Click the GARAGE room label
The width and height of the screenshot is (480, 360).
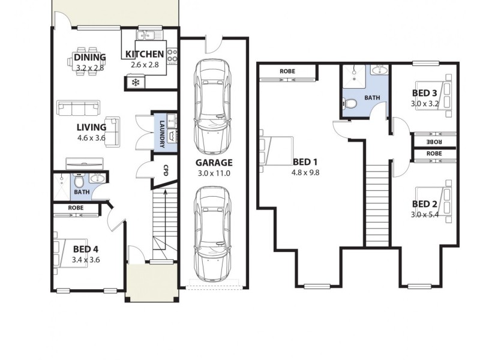(x=213, y=163)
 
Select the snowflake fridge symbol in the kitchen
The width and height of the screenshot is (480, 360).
(x=135, y=82)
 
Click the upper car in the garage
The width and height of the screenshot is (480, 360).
(x=213, y=108)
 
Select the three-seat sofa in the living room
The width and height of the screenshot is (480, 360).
(x=79, y=108)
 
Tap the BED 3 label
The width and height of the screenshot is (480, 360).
(x=424, y=93)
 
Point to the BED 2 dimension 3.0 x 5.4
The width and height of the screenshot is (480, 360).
(x=424, y=214)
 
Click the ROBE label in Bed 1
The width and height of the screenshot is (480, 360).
(x=287, y=72)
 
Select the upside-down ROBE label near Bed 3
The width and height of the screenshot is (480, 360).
(x=434, y=142)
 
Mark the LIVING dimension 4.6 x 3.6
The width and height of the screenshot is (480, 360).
(x=91, y=137)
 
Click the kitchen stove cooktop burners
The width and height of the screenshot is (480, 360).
(x=172, y=56)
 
